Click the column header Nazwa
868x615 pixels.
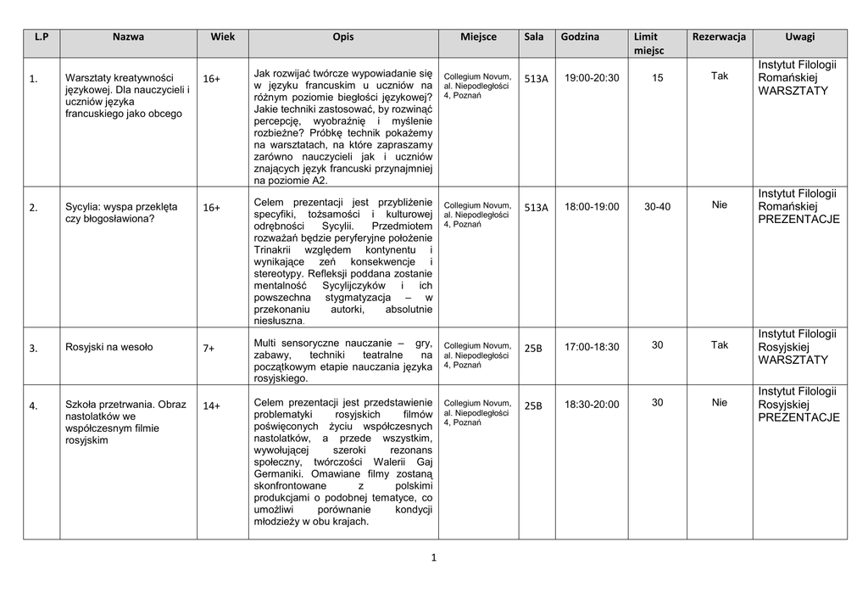(x=128, y=37)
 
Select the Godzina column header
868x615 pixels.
(x=580, y=37)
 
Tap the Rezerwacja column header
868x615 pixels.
(x=719, y=37)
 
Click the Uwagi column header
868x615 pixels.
(x=799, y=37)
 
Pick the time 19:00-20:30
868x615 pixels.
(x=592, y=78)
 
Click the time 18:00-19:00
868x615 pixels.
(x=592, y=207)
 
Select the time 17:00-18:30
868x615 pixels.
(x=592, y=347)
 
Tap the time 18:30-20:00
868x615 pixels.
(x=592, y=405)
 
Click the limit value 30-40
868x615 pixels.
(x=657, y=206)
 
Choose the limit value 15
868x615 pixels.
(x=658, y=77)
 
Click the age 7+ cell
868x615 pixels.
(x=209, y=348)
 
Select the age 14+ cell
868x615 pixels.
(x=211, y=405)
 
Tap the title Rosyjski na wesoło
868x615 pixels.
(x=109, y=347)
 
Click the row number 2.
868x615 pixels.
(x=33, y=208)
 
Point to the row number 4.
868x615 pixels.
(x=33, y=405)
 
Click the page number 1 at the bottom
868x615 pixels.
(x=433, y=557)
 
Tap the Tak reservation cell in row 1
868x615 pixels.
(x=720, y=76)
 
